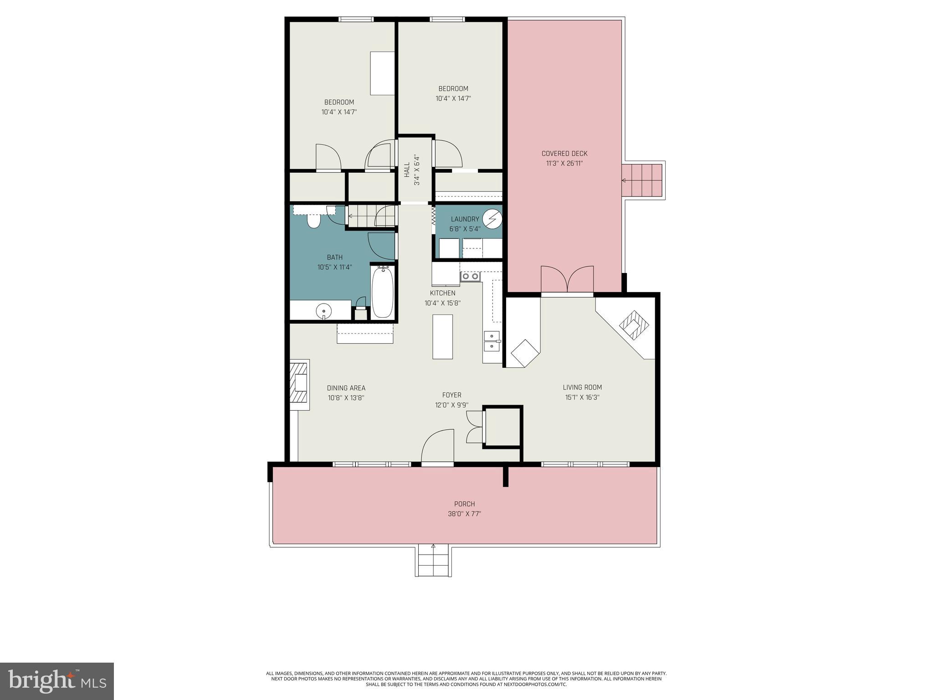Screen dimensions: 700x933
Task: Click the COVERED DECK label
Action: pos(564,154)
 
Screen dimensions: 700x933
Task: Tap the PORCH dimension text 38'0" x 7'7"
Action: pos(464,514)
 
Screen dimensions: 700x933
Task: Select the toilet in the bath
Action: pos(313,221)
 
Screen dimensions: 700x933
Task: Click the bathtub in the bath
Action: pos(382,293)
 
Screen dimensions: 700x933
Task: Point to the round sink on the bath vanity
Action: pos(323,312)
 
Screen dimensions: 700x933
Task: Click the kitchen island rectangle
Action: pos(442,337)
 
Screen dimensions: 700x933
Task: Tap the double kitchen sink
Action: pos(492,341)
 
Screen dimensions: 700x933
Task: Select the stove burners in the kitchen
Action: pos(470,276)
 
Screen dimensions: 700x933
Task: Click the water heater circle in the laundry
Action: pos(492,219)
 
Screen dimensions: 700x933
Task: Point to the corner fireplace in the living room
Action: pos(634,324)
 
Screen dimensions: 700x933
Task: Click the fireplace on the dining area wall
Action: pos(300,382)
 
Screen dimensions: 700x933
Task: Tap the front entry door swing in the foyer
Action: pos(437,447)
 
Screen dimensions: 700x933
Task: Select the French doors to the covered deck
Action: pos(567,279)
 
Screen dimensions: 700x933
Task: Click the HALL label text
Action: pos(407,170)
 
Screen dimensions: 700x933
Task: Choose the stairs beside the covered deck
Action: pos(642,180)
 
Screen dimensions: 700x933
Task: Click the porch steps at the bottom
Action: pos(433,561)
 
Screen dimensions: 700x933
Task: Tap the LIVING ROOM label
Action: pos(582,387)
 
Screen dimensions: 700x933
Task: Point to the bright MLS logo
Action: pos(57,681)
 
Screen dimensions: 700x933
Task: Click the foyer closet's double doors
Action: pos(474,427)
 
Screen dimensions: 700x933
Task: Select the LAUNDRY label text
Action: pos(465,219)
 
